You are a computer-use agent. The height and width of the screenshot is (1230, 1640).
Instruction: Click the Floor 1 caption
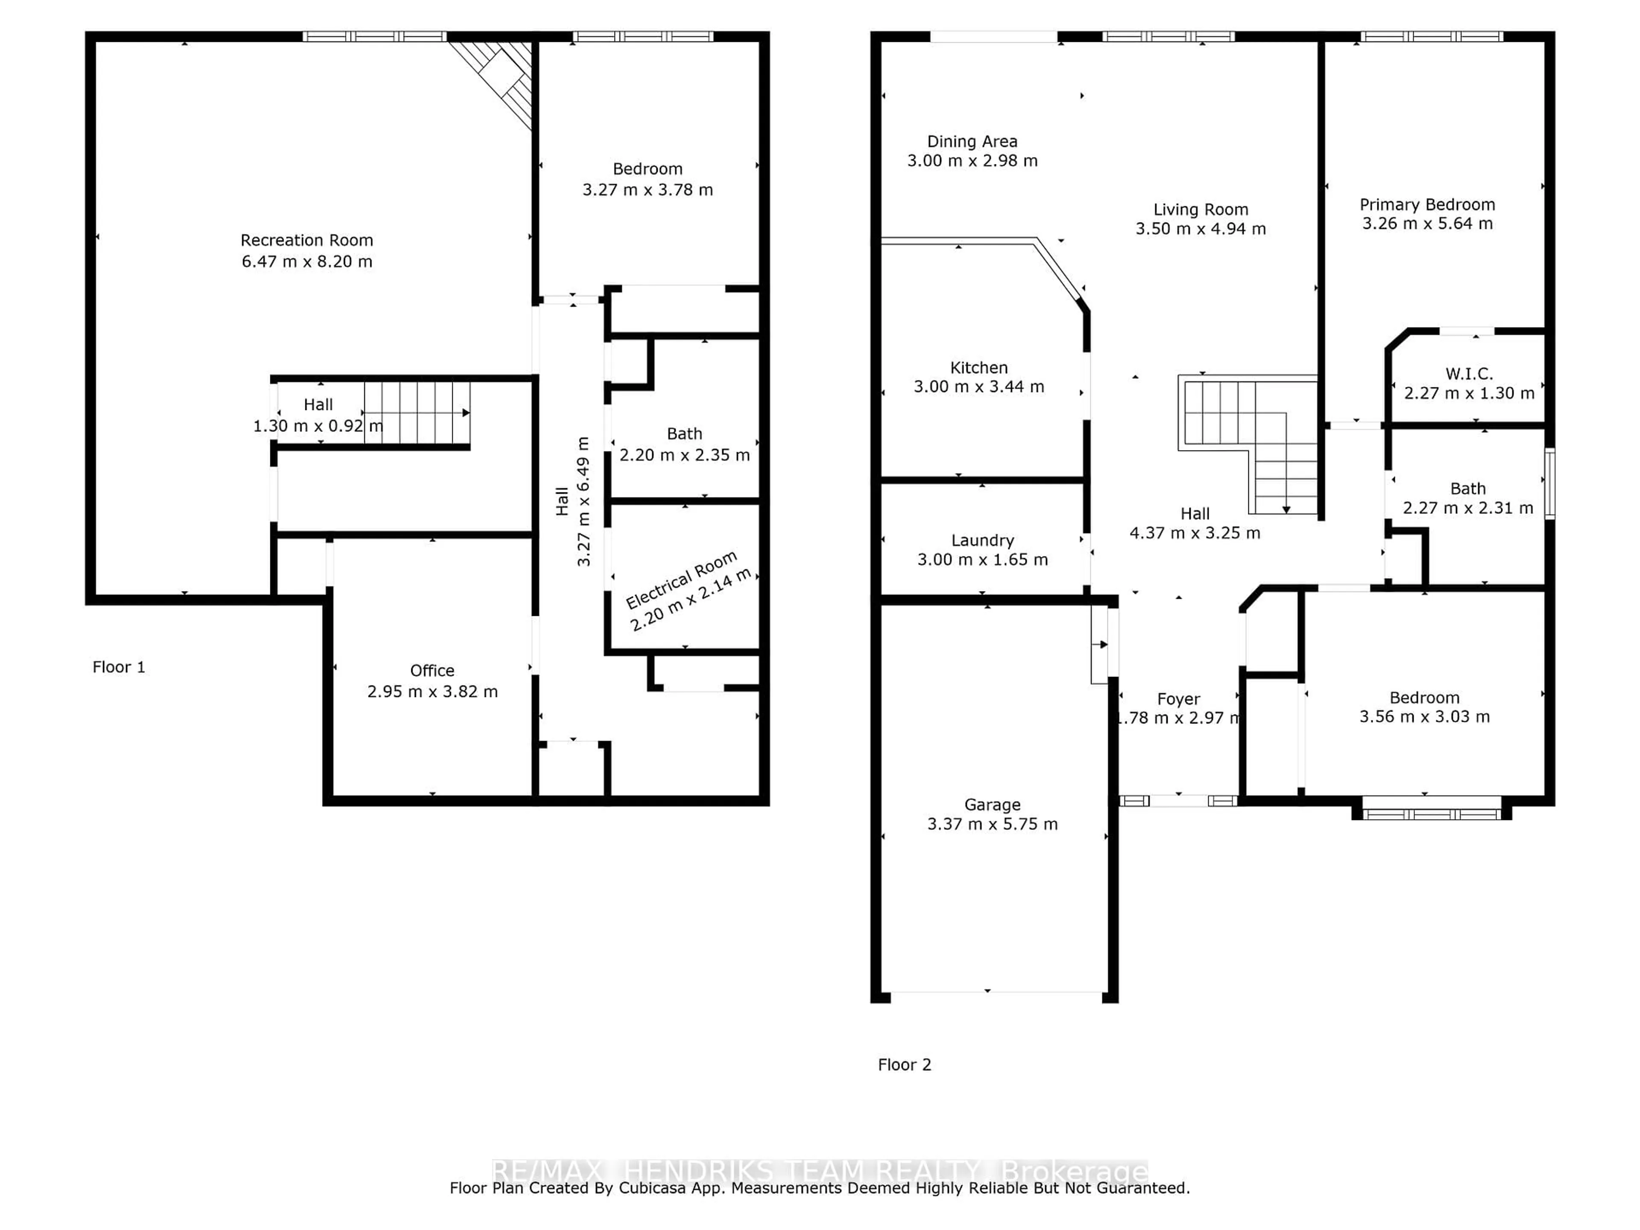tap(119, 667)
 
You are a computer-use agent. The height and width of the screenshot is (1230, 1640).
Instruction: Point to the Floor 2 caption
tap(904, 1065)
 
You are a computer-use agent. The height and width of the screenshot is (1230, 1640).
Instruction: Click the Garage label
tap(992, 805)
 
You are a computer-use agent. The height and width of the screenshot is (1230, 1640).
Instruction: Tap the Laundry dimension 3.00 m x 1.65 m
tap(982, 560)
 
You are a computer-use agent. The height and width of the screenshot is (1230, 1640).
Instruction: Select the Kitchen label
tap(979, 368)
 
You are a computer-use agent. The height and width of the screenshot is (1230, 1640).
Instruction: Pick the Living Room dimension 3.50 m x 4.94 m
tap(1201, 229)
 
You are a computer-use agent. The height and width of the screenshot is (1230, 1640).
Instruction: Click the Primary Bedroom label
tap(1426, 205)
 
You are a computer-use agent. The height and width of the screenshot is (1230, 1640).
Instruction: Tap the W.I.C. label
tap(1469, 374)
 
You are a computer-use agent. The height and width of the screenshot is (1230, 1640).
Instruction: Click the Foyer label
tap(1178, 699)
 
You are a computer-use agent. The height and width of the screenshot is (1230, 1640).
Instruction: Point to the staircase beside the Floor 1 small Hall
tap(417, 413)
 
